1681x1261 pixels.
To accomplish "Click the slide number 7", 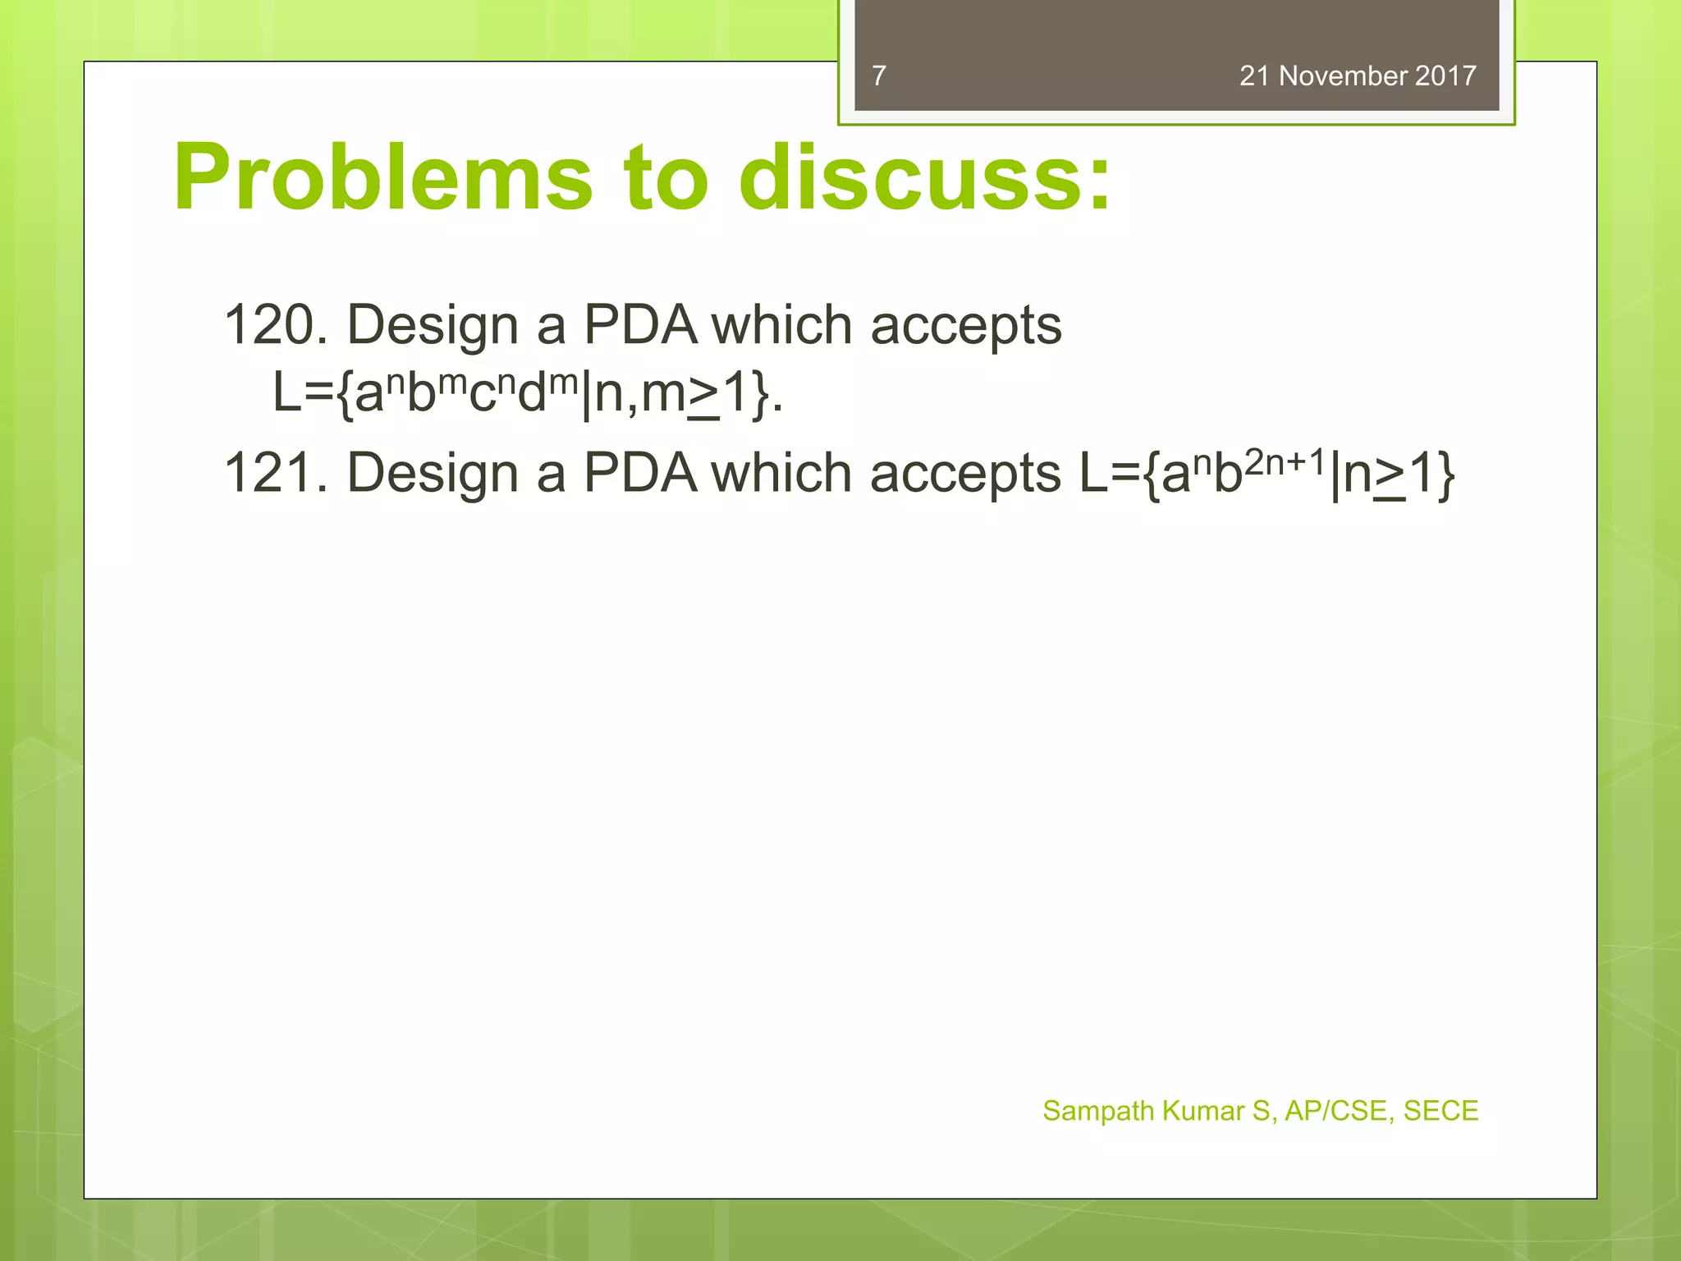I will (879, 76).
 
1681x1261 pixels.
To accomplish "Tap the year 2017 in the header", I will (1445, 76).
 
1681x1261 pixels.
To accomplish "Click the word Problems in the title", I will (382, 178).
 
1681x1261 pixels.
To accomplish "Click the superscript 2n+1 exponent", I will (1285, 462).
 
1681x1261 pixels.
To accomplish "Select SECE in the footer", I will (1441, 1111).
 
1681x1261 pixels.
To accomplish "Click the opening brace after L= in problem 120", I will (345, 395).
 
